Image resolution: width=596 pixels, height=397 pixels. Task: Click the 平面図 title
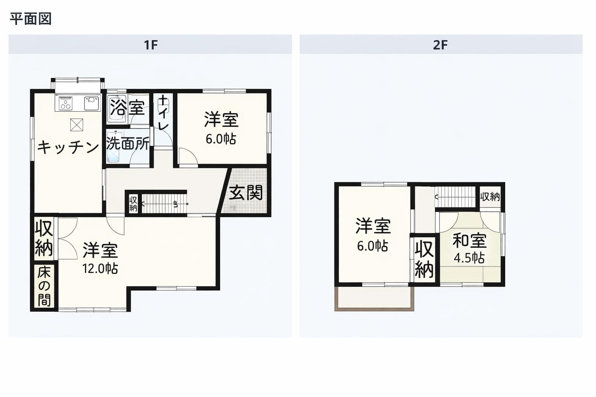pyautogui.click(x=31, y=19)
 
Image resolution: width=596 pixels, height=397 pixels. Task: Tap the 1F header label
pyautogui.click(x=151, y=45)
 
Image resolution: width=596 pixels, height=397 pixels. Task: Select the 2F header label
pyautogui.click(x=440, y=45)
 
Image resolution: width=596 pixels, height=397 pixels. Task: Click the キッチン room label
pyautogui.click(x=68, y=147)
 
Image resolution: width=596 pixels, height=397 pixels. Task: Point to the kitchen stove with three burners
pyautogui.click(x=66, y=103)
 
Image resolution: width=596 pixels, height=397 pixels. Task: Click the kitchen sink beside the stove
pyautogui.click(x=92, y=103)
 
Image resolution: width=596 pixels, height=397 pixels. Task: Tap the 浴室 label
pyautogui.click(x=127, y=107)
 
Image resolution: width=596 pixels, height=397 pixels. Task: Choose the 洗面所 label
pyautogui.click(x=128, y=143)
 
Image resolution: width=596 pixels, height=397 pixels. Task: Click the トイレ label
pyautogui.click(x=163, y=114)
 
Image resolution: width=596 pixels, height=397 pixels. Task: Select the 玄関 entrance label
pyautogui.click(x=246, y=192)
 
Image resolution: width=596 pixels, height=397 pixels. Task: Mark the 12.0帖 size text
pyautogui.click(x=100, y=268)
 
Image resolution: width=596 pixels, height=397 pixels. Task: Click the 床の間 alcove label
pyautogui.click(x=44, y=287)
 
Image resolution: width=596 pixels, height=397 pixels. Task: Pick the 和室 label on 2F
pyautogui.click(x=470, y=240)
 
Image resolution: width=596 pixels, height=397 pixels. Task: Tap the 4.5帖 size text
pyautogui.click(x=470, y=258)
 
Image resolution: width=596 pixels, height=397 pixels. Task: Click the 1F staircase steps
pyautogui.click(x=164, y=204)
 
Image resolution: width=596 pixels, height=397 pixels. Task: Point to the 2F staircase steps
pyautogui.click(x=455, y=197)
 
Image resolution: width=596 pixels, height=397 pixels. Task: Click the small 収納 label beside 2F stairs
pyautogui.click(x=490, y=197)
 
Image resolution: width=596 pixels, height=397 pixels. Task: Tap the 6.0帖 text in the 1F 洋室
pyautogui.click(x=221, y=139)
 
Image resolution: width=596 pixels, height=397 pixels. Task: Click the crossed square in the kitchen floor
pyautogui.click(x=76, y=125)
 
